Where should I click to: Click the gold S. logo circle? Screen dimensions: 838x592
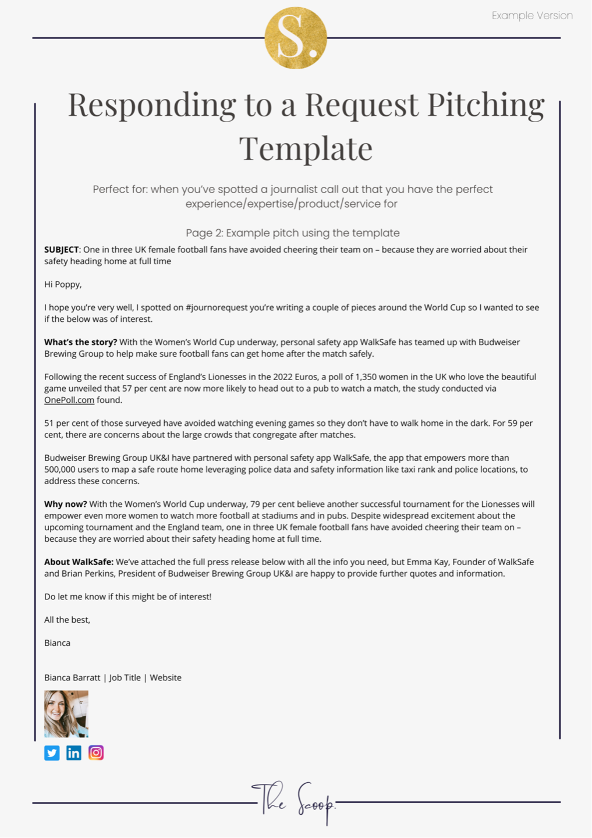click(296, 38)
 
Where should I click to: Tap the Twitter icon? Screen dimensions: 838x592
click(52, 753)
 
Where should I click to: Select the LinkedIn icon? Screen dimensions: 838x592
click(74, 753)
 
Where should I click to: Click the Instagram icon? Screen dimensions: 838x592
click(96, 753)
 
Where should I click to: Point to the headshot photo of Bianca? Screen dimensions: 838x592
click(66, 714)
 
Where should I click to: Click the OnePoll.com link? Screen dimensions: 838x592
click(69, 400)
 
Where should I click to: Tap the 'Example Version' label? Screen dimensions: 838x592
click(532, 16)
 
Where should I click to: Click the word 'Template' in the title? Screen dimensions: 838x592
click(306, 148)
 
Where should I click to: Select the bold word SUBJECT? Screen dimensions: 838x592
click(61, 250)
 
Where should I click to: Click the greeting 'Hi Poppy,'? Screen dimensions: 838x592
click(63, 285)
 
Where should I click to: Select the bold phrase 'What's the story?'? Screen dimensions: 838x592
click(80, 342)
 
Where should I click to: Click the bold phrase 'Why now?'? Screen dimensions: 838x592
click(66, 504)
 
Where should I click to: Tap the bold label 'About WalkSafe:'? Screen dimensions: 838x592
click(79, 562)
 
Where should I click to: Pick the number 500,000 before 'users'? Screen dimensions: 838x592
click(63, 470)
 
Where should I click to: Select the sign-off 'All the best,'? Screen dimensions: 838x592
click(67, 620)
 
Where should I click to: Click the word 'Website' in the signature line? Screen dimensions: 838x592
click(165, 678)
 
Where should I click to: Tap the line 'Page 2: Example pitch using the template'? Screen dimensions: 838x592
click(293, 233)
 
